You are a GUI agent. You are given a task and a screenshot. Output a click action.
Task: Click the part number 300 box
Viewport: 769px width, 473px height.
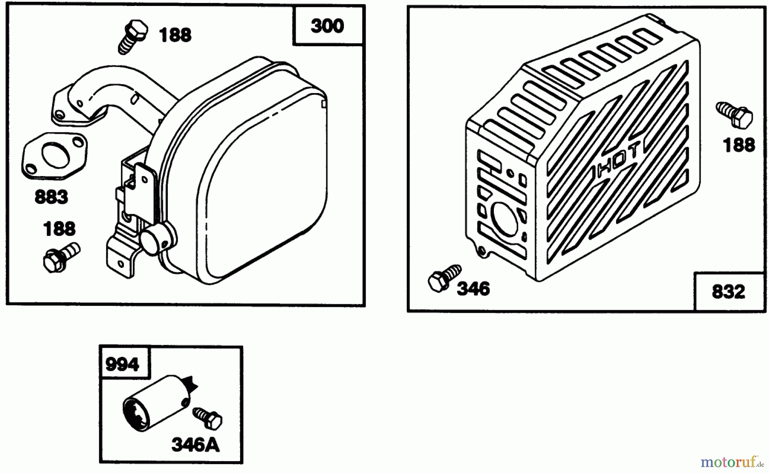pos(328,26)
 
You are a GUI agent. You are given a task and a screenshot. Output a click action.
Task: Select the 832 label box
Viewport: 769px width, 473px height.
pos(729,291)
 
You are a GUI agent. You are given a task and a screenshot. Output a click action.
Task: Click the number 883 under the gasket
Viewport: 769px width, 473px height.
pos(51,197)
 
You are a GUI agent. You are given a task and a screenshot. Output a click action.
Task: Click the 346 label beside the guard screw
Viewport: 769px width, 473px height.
pos(473,289)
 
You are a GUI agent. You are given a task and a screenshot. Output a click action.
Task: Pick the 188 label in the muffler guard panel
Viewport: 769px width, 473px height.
pos(739,145)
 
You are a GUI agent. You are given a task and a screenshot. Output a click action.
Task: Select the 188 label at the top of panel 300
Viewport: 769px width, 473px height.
pos(175,35)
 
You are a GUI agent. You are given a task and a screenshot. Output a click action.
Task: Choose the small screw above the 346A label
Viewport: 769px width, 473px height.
pos(207,417)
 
